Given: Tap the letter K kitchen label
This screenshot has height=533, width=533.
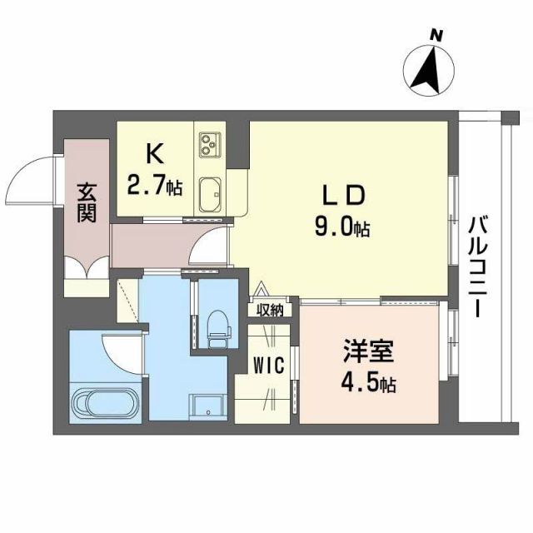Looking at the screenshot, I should tap(153, 154).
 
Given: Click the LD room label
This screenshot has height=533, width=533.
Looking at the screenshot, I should tap(344, 196).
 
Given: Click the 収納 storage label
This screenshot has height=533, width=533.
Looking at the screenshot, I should tap(270, 311).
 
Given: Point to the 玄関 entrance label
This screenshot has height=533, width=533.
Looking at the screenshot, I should tap(87, 202).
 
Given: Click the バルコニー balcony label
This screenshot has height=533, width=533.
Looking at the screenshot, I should tap(478, 266).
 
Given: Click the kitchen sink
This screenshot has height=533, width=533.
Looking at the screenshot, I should tap(209, 195).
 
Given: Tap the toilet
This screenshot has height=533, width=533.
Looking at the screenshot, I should tap(217, 326).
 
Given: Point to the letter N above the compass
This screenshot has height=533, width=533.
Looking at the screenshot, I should tap(435, 35).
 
